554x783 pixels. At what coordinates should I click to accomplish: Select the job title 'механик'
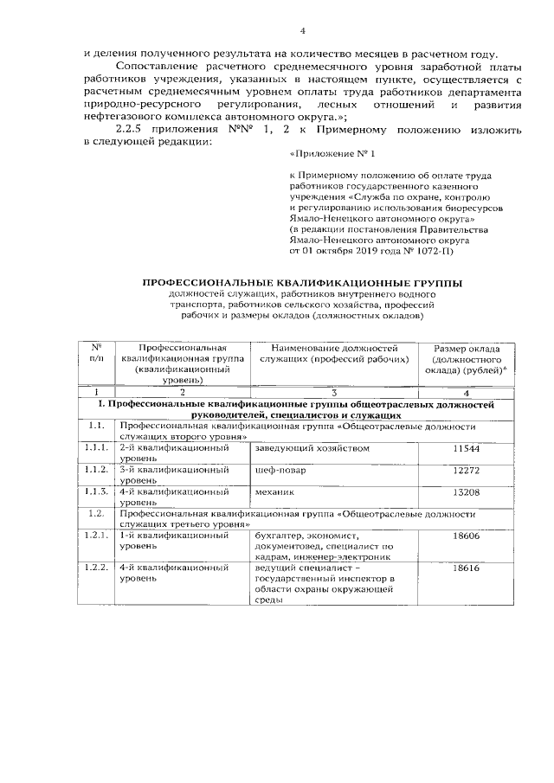click(275, 493)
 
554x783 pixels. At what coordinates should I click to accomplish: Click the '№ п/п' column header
click(97, 353)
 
